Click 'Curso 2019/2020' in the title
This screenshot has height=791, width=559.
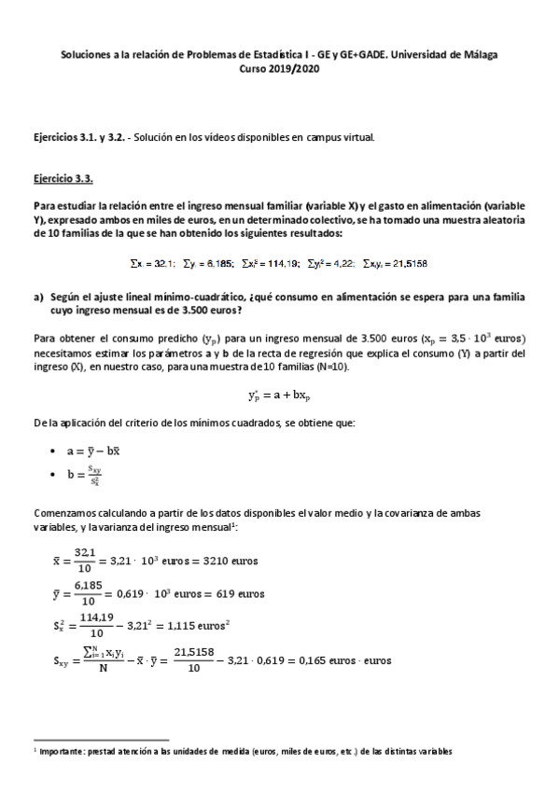tap(279, 68)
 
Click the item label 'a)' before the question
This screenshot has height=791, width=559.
tap(39, 297)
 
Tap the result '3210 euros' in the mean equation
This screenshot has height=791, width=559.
tap(229, 563)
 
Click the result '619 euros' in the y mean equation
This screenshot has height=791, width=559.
tap(237, 594)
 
